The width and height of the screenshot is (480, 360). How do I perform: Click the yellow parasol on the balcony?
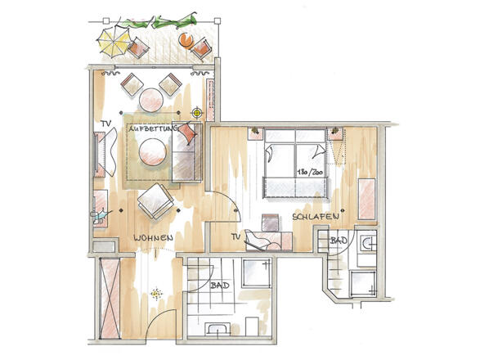[x=114, y=42]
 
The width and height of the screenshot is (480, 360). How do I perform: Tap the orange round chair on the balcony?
[x=186, y=40]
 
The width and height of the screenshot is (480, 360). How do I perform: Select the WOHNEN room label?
[x=154, y=238]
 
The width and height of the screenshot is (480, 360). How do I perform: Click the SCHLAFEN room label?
[x=316, y=217]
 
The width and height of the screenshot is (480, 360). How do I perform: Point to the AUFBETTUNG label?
[x=153, y=128]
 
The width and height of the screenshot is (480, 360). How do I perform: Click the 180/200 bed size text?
[x=310, y=172]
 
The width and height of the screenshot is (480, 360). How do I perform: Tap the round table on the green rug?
[x=152, y=152]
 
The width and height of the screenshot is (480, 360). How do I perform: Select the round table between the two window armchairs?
[x=151, y=100]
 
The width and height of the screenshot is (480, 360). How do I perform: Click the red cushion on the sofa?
[x=186, y=133]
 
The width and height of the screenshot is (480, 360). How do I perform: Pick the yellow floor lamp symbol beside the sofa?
[x=197, y=113]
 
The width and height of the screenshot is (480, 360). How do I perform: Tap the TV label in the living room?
[x=106, y=124]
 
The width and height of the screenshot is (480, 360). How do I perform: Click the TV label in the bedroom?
[x=236, y=236]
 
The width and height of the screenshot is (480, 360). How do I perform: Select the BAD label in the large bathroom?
[x=219, y=286]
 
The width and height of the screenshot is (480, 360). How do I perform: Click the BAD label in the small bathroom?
[x=339, y=241]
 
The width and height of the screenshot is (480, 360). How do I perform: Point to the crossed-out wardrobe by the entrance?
[x=110, y=299]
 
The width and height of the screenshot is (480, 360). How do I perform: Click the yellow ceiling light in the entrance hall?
[x=156, y=294]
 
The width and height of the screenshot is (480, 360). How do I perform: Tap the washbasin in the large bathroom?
[x=218, y=329]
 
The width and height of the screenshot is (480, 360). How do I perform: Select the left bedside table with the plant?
[x=255, y=133]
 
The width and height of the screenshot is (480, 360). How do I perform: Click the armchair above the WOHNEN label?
[x=155, y=200]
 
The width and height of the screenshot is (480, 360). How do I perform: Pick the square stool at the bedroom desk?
[x=271, y=223]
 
